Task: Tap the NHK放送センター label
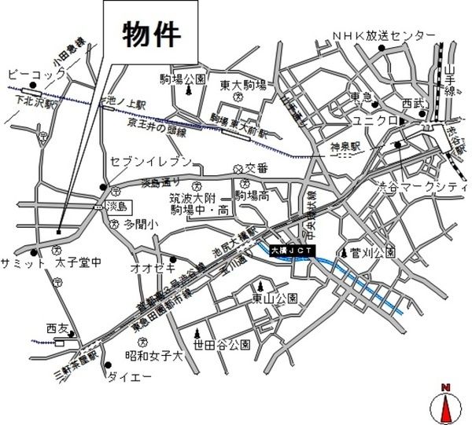(384, 36)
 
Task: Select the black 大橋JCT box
(292, 250)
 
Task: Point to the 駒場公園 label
(183, 79)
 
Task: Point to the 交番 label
(256, 167)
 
